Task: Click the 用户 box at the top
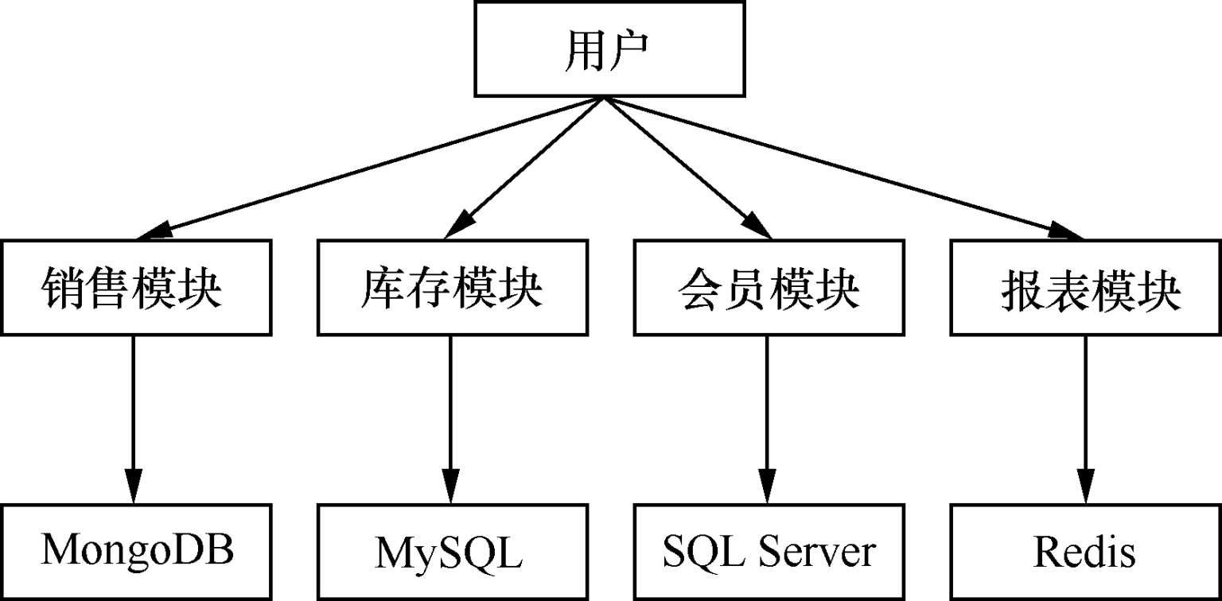coord(609,48)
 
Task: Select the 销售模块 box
coord(133,287)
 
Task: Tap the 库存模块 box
coord(451,287)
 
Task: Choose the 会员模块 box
coord(769,287)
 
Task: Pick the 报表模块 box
coord(1086,287)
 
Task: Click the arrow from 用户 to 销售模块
coord(370,168)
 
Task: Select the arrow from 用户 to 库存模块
coord(525,168)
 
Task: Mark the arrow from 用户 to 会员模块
coord(686,168)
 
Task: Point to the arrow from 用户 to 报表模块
coord(843,168)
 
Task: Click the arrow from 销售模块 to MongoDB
coord(133,413)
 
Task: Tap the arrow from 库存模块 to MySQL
coord(451,413)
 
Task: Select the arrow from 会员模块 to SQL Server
coord(769,413)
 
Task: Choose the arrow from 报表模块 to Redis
coord(1086,413)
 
